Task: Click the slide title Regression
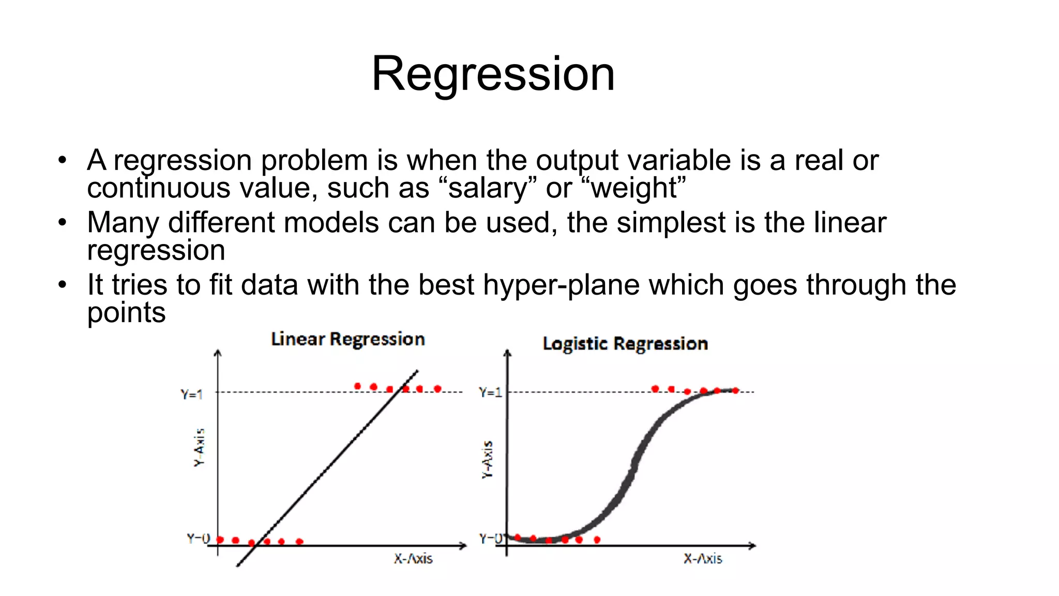(x=493, y=74)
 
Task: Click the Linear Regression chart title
(x=348, y=339)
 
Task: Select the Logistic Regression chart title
(x=625, y=344)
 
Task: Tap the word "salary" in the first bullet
(x=488, y=188)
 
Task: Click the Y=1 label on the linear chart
(x=191, y=394)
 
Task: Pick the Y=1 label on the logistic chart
(x=490, y=393)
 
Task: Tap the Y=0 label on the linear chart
(x=198, y=539)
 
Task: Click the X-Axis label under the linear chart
(x=413, y=559)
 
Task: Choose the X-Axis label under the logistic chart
(x=702, y=559)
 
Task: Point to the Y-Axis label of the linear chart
(x=199, y=448)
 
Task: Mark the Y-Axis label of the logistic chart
(x=488, y=460)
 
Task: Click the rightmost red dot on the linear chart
(x=437, y=389)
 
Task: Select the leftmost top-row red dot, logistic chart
(x=655, y=389)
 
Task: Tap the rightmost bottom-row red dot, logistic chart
(x=597, y=540)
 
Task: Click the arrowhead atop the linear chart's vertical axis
(x=218, y=353)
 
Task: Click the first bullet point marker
(x=63, y=160)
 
